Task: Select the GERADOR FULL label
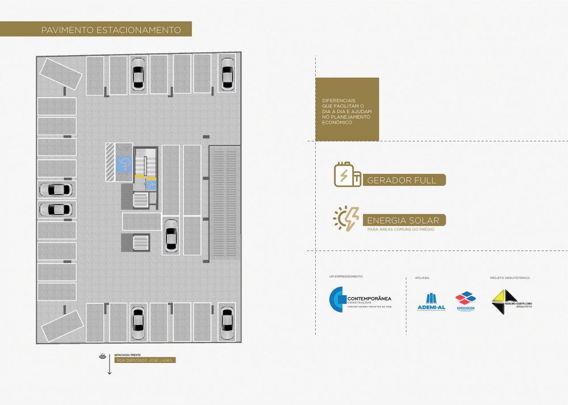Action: [402, 180]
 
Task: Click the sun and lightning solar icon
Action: [346, 218]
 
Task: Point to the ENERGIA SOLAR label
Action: [403, 220]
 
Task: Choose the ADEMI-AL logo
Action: [431, 300]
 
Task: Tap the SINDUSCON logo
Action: [466, 300]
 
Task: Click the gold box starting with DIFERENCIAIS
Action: [346, 109]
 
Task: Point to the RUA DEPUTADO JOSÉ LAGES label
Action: [145, 360]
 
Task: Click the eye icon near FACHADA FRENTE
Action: [103, 357]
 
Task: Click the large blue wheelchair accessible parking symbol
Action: [124, 164]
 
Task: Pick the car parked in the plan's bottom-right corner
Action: [227, 322]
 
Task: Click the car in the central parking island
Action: [172, 235]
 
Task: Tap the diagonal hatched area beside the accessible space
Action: [110, 162]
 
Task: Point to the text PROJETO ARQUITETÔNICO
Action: [509, 278]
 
